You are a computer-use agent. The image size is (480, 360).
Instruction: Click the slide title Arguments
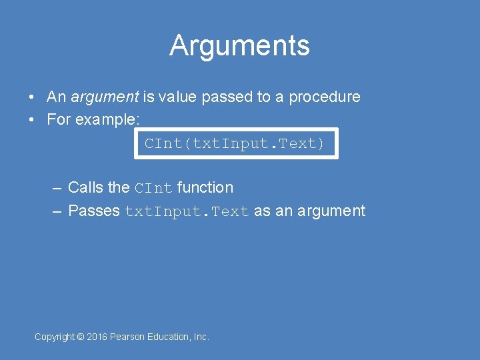[239, 46]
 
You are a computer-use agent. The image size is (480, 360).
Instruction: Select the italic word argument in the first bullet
[104, 97]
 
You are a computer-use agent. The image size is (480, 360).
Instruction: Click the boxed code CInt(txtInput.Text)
[235, 144]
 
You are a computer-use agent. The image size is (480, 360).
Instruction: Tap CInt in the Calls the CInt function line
[153, 189]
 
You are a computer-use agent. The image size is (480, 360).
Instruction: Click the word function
[205, 188]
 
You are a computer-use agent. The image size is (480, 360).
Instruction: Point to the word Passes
[94, 211]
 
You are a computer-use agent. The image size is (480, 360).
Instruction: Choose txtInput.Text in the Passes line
[187, 212]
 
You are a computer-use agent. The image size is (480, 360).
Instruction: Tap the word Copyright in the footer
[55, 337]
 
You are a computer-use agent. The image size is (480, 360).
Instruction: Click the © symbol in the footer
[81, 337]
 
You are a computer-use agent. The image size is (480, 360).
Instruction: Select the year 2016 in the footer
[97, 337]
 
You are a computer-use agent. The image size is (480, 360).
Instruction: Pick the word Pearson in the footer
[127, 337]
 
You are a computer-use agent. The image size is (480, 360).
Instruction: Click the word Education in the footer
[167, 337]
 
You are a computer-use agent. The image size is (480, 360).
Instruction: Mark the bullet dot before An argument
[32, 97]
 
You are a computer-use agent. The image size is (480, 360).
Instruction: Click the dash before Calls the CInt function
[57, 188]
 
